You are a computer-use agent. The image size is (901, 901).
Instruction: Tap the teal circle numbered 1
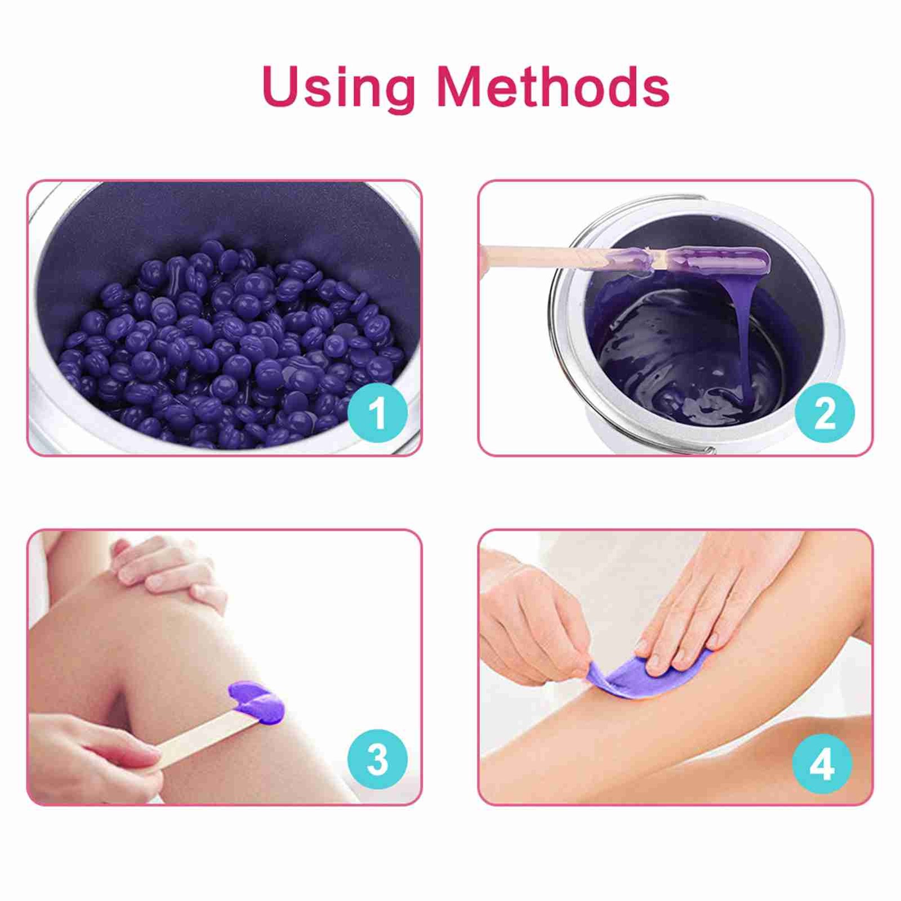tap(377, 413)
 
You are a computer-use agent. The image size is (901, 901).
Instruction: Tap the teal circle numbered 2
tap(824, 413)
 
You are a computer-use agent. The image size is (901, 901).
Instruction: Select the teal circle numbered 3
tap(377, 760)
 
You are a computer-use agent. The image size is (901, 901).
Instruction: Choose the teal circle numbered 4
tap(822, 764)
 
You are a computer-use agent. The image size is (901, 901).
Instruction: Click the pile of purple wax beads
tap(231, 346)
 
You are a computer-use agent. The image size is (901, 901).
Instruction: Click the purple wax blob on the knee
tap(257, 701)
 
